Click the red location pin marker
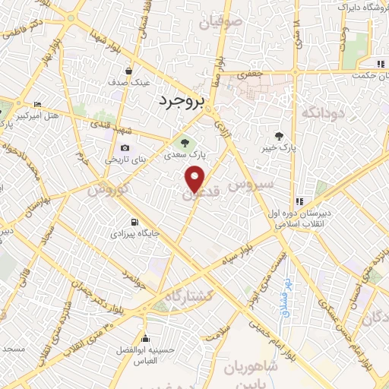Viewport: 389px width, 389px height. pyautogui.click(x=195, y=179)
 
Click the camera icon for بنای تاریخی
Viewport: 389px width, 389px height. pyautogui.click(x=125, y=149)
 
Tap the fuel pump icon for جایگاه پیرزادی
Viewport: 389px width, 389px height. pyautogui.click(x=134, y=223)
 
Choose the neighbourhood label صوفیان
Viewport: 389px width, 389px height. pyautogui.click(x=222, y=24)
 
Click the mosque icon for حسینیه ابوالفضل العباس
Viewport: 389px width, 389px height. pyautogui.click(x=145, y=339)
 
